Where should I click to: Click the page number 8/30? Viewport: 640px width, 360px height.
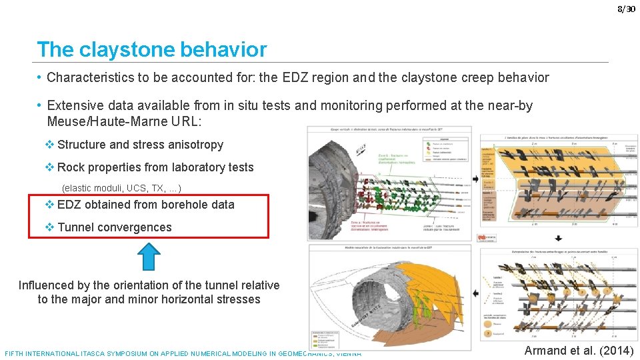click(x=626, y=9)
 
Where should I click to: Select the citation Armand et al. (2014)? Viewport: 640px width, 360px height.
click(x=579, y=351)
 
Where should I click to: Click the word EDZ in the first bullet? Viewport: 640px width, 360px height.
click(x=299, y=77)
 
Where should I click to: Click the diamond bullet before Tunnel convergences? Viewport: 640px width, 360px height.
click(x=50, y=227)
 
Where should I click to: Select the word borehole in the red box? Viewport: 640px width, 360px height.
click(x=169, y=205)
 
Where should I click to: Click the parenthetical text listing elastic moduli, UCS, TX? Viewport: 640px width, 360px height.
click(x=121, y=188)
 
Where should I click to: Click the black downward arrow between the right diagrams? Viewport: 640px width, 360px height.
click(x=558, y=238)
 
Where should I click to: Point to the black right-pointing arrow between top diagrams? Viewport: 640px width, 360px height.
click(x=475, y=179)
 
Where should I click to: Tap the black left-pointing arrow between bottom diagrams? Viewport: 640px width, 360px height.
click(x=475, y=293)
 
